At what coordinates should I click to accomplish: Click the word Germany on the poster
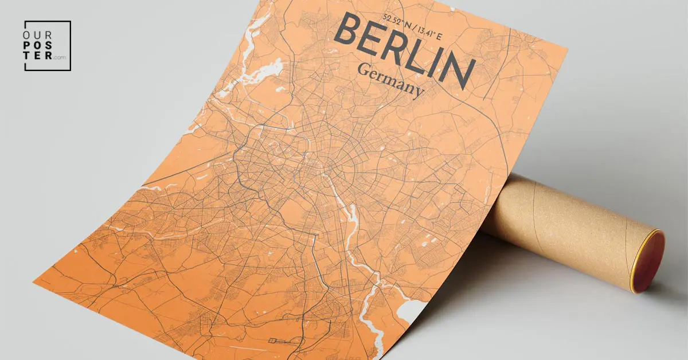pos(390,80)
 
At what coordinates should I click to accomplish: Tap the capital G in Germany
pos(362,70)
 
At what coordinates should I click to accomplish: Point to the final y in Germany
pos(419,91)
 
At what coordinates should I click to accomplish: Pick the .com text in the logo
pos(60,57)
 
